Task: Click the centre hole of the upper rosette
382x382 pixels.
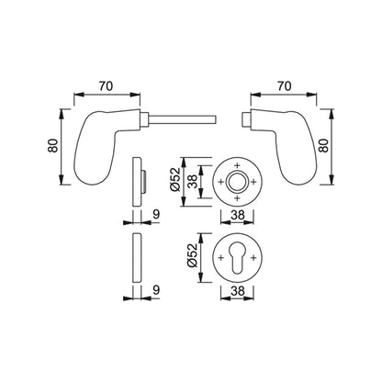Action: pyautogui.click(x=237, y=181)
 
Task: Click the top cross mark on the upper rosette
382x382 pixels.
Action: pyautogui.click(x=237, y=164)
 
